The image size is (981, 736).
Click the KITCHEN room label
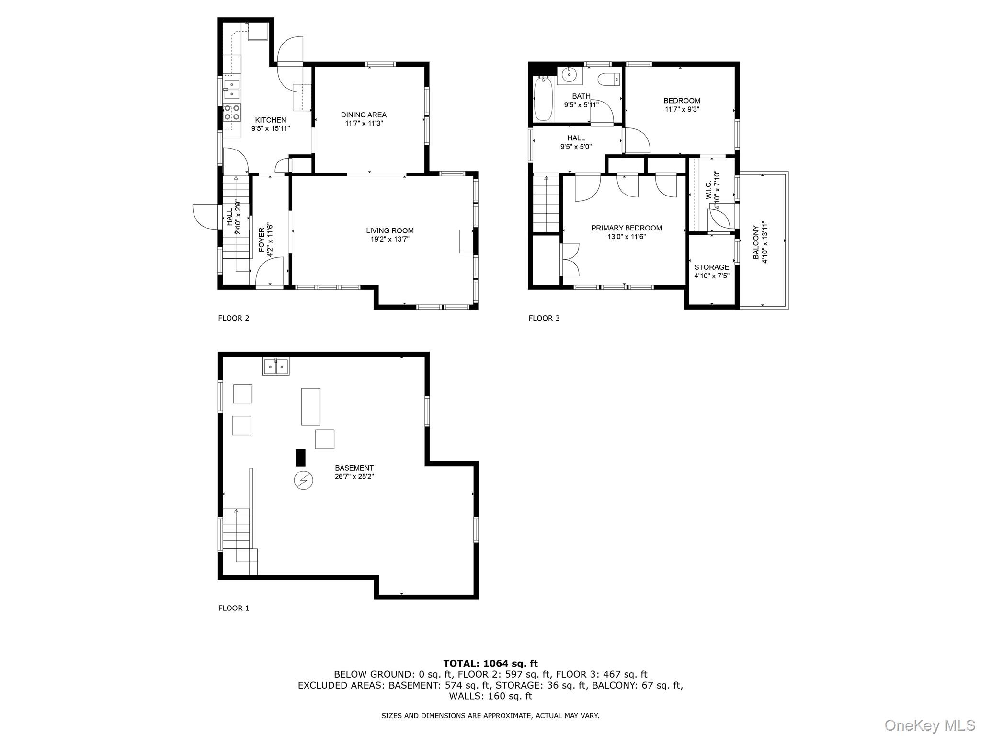(x=270, y=120)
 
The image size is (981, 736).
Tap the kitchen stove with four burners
(x=232, y=113)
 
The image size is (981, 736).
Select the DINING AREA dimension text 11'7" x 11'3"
(x=364, y=123)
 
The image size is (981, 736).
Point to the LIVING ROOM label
(x=389, y=230)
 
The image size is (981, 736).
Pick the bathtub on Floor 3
(x=543, y=99)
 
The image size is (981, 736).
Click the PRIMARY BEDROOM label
(x=626, y=228)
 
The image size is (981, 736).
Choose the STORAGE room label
(x=711, y=267)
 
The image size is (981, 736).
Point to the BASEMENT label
(x=354, y=468)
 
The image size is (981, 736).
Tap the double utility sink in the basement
(x=276, y=367)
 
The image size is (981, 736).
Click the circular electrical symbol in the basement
(x=303, y=480)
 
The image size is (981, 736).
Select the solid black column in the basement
(x=300, y=458)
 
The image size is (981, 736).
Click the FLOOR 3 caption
(x=544, y=318)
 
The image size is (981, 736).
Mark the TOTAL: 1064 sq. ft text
(x=490, y=663)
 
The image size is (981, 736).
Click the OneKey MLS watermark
(x=929, y=725)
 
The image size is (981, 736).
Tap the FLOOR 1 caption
(x=234, y=608)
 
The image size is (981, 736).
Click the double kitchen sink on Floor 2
(x=232, y=89)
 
